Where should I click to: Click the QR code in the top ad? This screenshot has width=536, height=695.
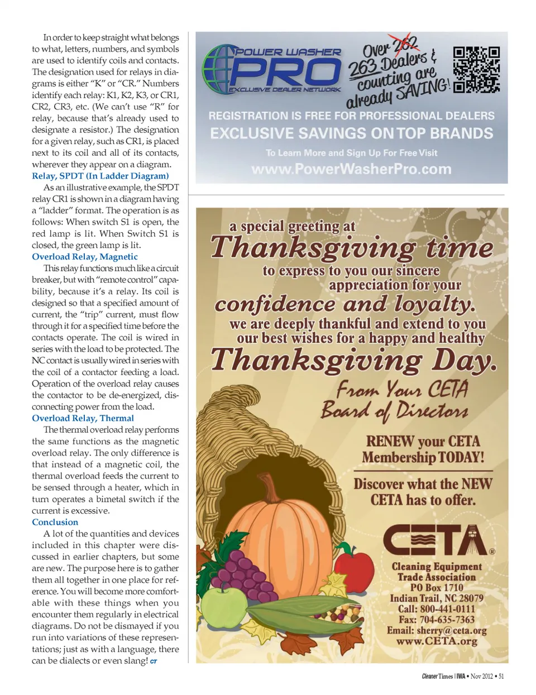[476, 69]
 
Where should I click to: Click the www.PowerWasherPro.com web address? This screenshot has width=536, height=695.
[351, 169]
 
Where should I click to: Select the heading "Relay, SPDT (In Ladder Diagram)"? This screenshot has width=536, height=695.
[100, 176]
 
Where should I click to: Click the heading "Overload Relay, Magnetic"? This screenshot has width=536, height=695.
[84, 257]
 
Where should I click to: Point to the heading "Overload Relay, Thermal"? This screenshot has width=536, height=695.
[83, 418]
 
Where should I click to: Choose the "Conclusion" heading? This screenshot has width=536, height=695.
[55, 522]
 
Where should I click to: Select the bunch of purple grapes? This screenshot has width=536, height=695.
[242, 569]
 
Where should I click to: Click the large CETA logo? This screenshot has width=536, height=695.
[437, 540]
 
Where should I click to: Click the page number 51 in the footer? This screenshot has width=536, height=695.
[501, 677]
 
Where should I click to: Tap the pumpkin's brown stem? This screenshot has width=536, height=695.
[272, 490]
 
